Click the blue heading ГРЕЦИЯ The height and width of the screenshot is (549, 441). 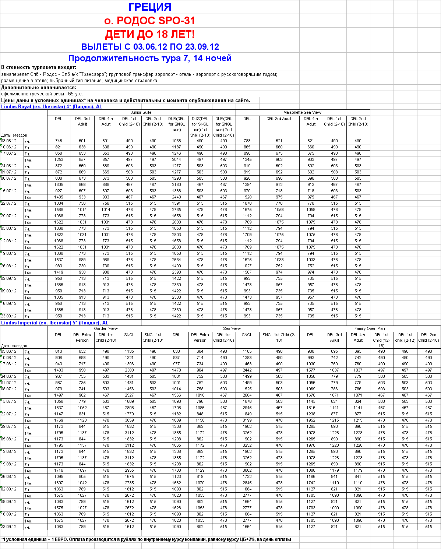[x=150, y=7]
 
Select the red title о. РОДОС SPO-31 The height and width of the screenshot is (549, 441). [x=150, y=21]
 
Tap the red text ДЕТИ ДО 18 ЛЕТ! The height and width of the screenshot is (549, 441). [x=150, y=34]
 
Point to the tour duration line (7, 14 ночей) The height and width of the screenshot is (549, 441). [x=150, y=58]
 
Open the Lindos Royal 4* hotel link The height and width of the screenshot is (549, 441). [x=52, y=107]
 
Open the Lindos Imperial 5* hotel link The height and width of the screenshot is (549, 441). [x=54, y=323]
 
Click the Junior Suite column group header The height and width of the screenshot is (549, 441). [x=141, y=112]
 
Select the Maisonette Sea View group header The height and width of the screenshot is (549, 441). [x=302, y=112]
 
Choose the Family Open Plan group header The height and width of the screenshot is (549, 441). [x=370, y=328]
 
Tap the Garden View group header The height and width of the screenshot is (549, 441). [x=106, y=328]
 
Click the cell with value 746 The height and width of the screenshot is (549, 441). [x=59, y=141]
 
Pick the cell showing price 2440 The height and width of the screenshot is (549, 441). [x=176, y=197]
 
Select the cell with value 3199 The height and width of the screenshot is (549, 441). [x=247, y=420]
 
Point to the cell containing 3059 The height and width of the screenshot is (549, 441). [x=129, y=420]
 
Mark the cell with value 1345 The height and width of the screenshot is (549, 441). [x=247, y=159]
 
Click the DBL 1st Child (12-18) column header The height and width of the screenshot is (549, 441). [x=381, y=340]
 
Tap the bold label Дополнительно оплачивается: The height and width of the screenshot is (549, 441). [x=39, y=88]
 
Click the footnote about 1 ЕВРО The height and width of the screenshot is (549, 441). [x=146, y=539]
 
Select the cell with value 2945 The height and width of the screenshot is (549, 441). [x=247, y=408]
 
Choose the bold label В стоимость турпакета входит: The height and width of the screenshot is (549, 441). [x=39, y=67]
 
